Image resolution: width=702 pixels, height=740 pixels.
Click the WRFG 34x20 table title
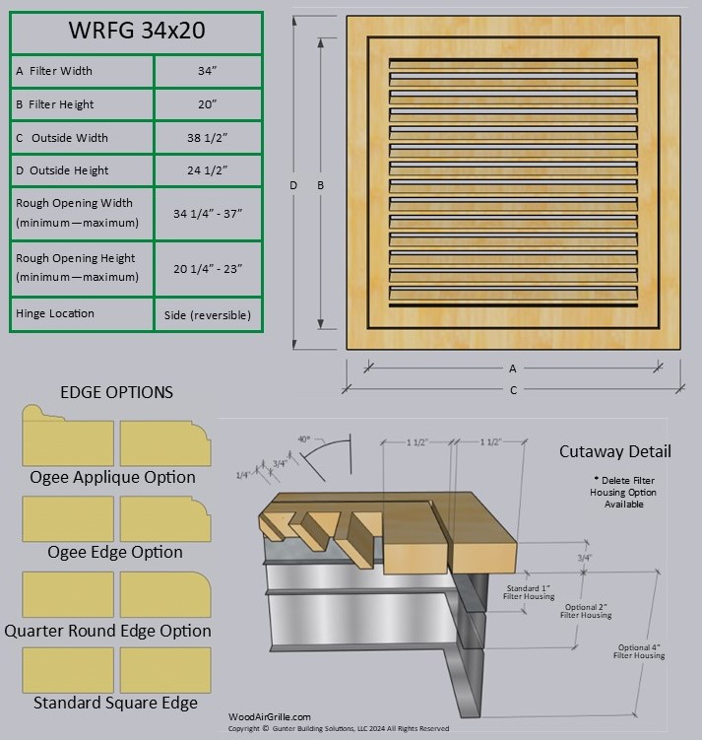click(x=136, y=30)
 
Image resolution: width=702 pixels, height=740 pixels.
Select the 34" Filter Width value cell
click(x=207, y=71)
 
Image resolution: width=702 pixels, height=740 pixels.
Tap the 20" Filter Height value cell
click(x=207, y=104)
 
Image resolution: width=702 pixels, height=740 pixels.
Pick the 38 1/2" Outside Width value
click(x=207, y=138)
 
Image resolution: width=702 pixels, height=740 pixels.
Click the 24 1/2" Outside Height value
click(x=207, y=170)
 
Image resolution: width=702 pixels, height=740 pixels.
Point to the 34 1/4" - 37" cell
click(x=207, y=213)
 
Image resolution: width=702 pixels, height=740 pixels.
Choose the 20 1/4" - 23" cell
click(x=207, y=267)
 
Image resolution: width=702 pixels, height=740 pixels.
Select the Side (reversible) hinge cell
click(x=207, y=314)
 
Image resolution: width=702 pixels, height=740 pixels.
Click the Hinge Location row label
click(x=55, y=313)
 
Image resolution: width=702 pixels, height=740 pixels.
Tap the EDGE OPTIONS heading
click(x=116, y=392)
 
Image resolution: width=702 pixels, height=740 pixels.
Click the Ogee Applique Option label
click(x=112, y=477)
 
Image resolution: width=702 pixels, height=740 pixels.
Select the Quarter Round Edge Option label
click(x=107, y=631)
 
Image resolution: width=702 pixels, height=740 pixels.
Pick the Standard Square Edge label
click(x=115, y=703)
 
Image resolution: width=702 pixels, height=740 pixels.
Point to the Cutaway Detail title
click(x=615, y=451)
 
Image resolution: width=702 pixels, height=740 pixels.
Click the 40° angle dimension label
click(x=305, y=437)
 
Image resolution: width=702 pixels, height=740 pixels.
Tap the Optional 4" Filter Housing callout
click(x=640, y=651)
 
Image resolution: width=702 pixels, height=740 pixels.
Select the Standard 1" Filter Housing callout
click(x=530, y=592)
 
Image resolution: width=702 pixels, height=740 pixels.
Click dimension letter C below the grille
click(x=513, y=390)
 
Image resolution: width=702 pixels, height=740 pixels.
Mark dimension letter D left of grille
click(x=293, y=185)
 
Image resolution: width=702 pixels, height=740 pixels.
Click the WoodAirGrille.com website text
click(x=269, y=717)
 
